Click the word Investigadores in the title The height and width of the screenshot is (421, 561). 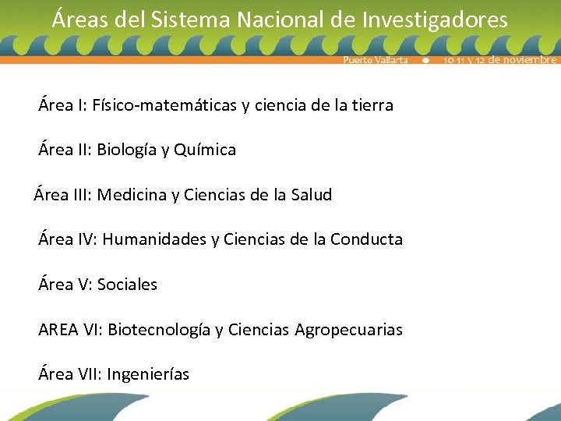[x=435, y=19]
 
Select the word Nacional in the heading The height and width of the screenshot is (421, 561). [x=277, y=19]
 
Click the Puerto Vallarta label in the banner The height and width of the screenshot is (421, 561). [x=376, y=60]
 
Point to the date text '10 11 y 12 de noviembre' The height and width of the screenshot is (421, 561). [x=500, y=60]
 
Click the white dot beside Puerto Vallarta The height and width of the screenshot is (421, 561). [x=425, y=60]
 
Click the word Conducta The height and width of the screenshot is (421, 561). [x=366, y=239]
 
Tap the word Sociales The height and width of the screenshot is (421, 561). [x=127, y=285]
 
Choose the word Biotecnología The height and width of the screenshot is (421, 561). [x=159, y=330]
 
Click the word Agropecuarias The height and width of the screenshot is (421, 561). [x=349, y=330]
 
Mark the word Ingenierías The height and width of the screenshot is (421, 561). [x=148, y=374]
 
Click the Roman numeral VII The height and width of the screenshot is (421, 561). [x=88, y=374]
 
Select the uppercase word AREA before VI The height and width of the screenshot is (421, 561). [x=58, y=330]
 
